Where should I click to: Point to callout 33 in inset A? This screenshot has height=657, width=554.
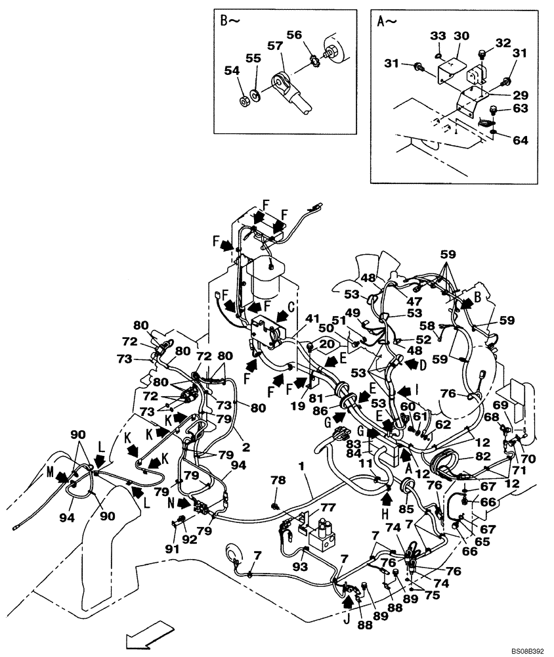click(x=438, y=35)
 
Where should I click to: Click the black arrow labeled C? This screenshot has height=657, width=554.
click(x=282, y=315)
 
